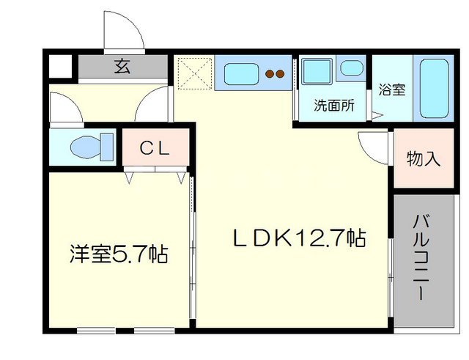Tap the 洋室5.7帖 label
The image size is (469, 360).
tap(118, 255)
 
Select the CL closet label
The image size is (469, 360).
tap(155, 149)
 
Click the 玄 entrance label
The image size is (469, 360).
tap(122, 67)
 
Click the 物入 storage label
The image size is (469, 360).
tap(424, 159)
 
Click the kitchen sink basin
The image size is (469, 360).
tap(241, 73)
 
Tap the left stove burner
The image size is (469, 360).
tap(269, 73)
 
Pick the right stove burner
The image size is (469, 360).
tap(280, 73)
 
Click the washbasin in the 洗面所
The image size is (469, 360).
tap(352, 69)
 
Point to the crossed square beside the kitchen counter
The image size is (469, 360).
tap(195, 73)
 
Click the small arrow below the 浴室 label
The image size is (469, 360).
tap(376, 114)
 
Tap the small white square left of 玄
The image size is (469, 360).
tap(61, 67)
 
